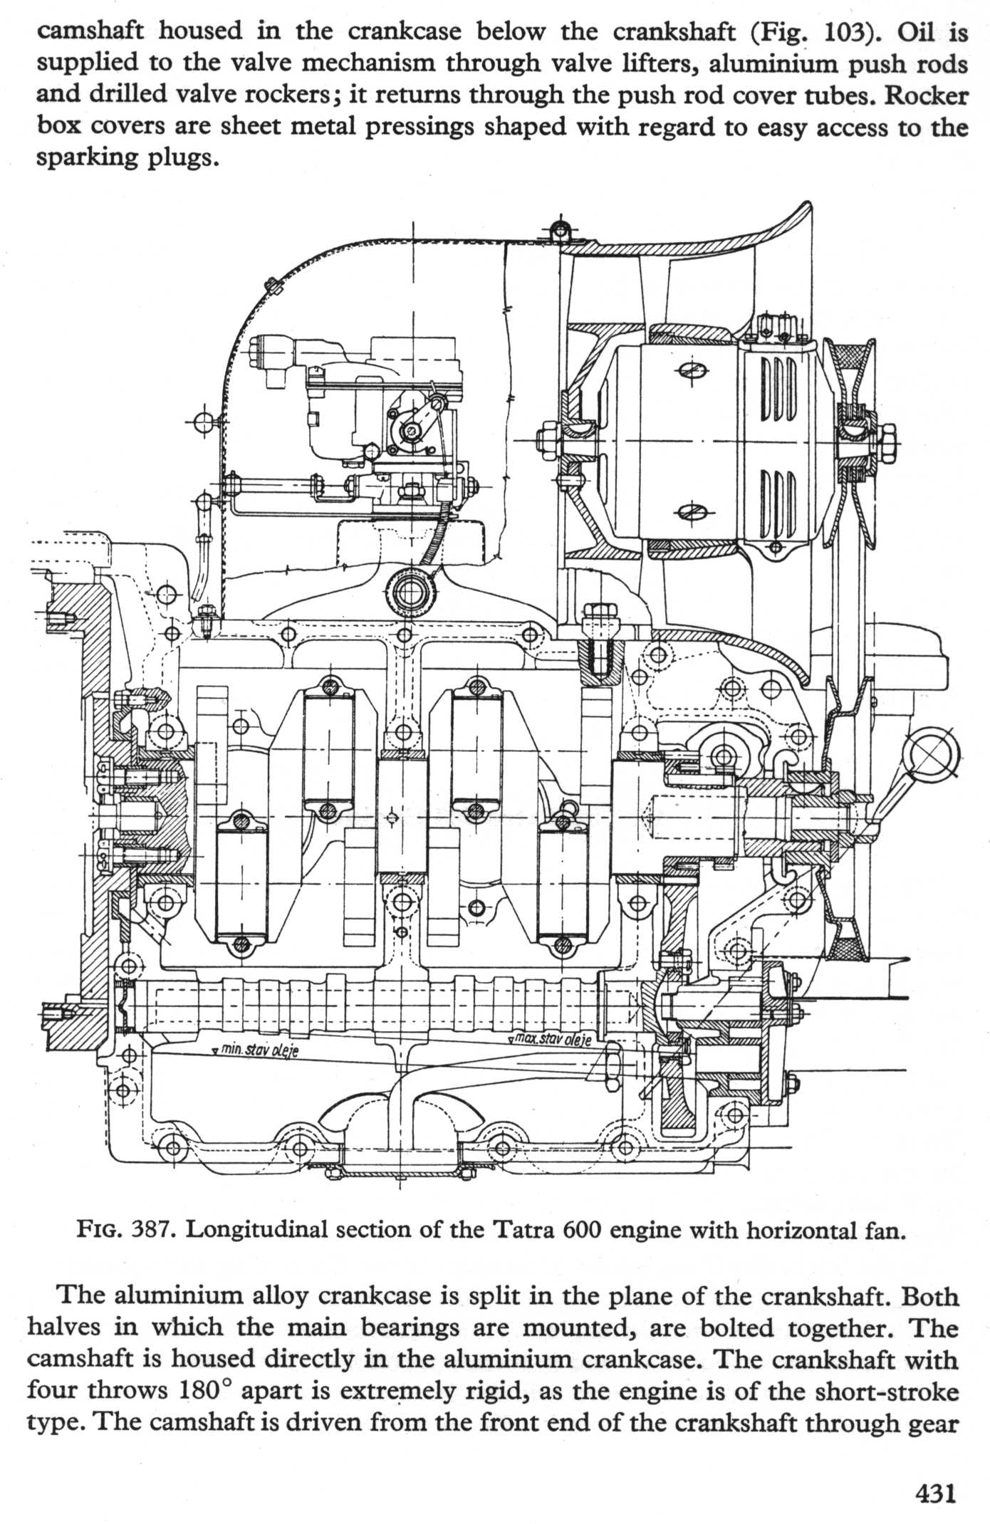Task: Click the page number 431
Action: [x=933, y=1491]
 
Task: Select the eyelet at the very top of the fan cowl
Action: [x=561, y=230]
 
